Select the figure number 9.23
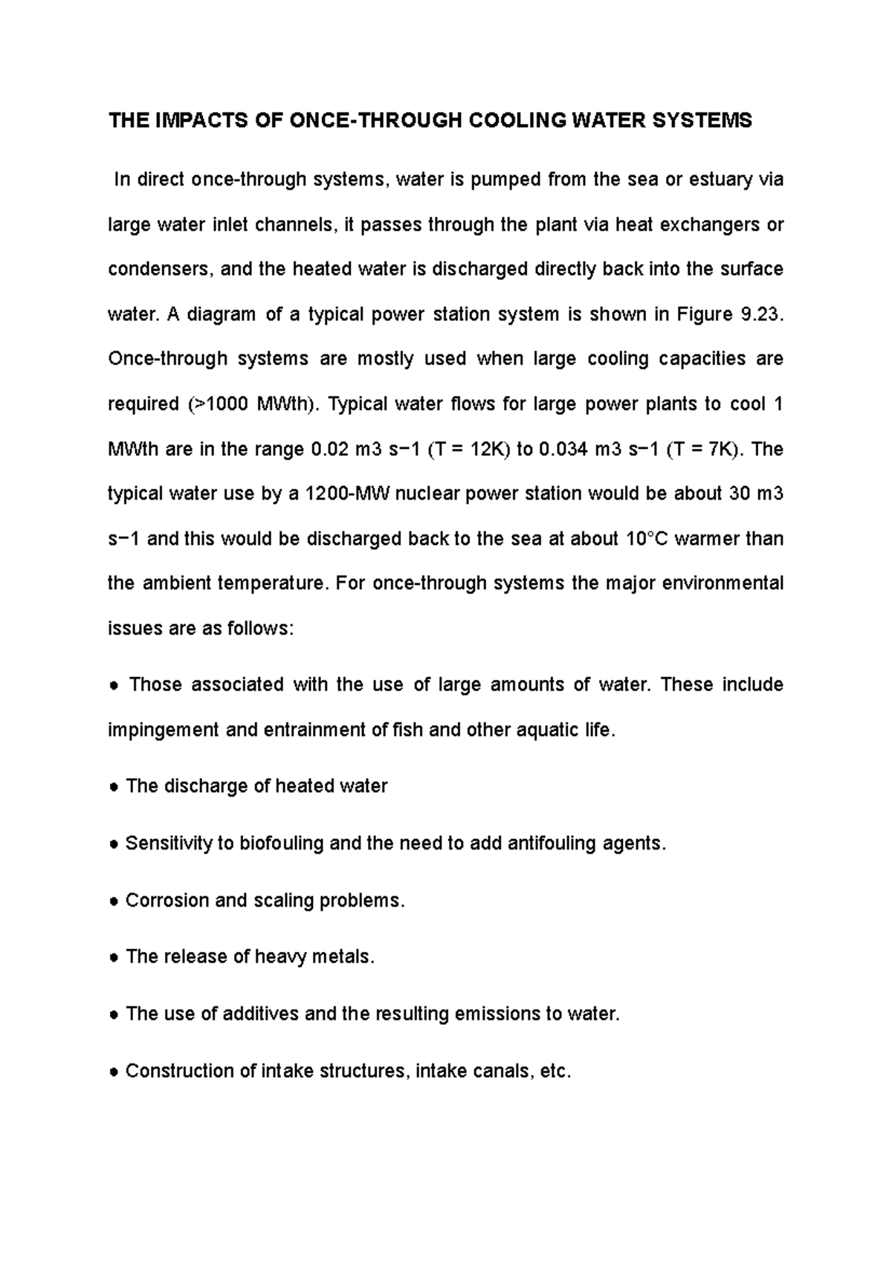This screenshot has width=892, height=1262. (761, 314)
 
